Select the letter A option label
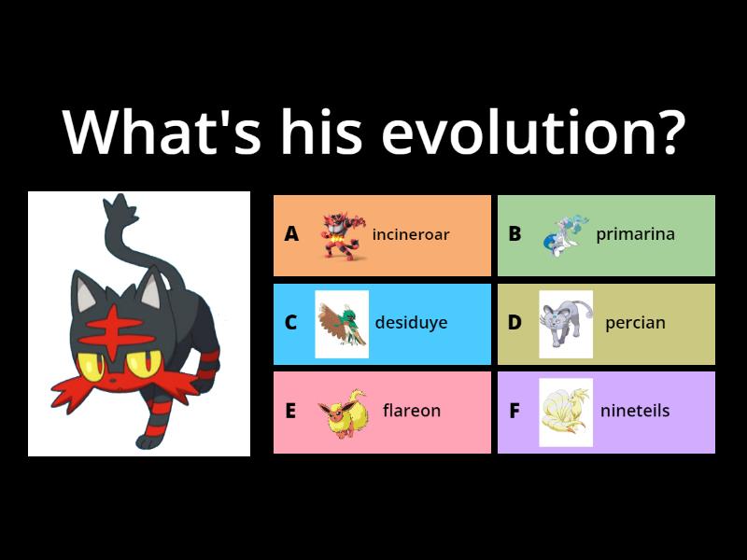tap(291, 234)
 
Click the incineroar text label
tap(411, 234)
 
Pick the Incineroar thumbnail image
tap(339, 234)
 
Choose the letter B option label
tap(514, 234)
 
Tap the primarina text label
tap(635, 234)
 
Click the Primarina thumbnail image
tap(563, 234)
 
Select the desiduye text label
tap(411, 323)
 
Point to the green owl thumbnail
tap(341, 324)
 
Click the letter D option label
tap(514, 323)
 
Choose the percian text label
tap(635, 323)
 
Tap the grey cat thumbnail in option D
tap(566, 324)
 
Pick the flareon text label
tap(411, 411)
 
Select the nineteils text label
tap(635, 411)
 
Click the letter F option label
tap(514, 411)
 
